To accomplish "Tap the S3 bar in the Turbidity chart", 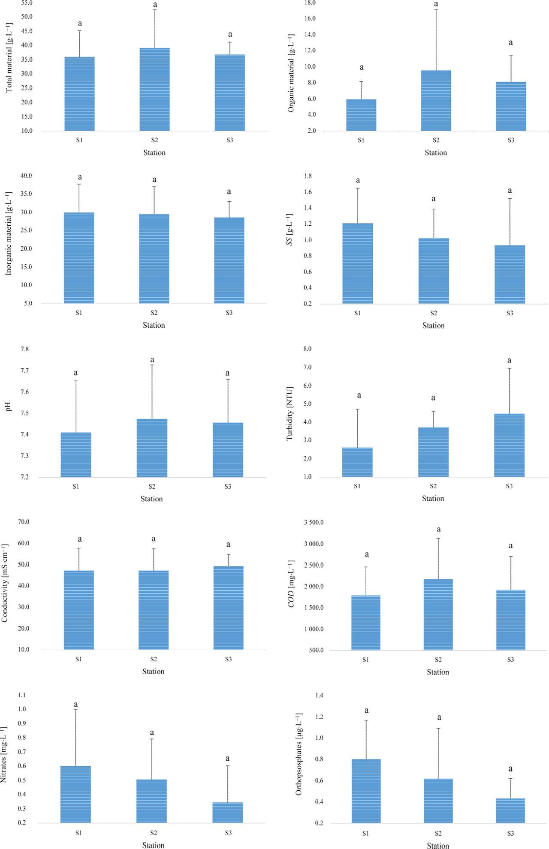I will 509,445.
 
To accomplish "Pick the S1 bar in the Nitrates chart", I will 75,794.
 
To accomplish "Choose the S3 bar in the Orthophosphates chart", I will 510,810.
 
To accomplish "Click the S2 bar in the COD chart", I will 438,614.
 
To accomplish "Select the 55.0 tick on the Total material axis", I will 26,3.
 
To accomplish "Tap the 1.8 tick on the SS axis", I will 308,176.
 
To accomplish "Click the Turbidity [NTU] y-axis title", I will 290,413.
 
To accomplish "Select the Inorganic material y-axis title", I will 9,233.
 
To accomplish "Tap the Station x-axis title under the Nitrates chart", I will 153,845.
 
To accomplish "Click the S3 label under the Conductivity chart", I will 228,659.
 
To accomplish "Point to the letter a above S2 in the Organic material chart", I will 436,4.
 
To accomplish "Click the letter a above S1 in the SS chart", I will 358,180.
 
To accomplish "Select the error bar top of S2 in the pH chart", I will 152,365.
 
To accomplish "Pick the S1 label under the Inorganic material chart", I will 79,313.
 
